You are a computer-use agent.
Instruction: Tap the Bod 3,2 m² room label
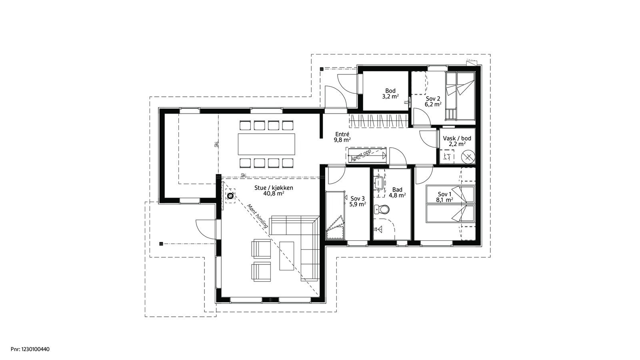(390, 94)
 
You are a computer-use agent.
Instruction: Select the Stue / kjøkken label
(274, 188)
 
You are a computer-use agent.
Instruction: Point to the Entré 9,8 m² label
(342, 137)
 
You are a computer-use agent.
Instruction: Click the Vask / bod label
(457, 138)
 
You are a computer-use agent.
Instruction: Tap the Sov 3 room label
(358, 198)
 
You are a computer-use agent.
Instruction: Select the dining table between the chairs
(266, 144)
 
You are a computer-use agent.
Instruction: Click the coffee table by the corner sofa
(286, 256)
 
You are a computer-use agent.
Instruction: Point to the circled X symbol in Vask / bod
(468, 157)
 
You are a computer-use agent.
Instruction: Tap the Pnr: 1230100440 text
(30, 349)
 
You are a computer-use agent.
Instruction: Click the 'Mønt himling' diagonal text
(257, 216)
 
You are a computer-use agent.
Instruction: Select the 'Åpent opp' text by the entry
(360, 154)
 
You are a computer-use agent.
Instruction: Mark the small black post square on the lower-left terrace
(161, 244)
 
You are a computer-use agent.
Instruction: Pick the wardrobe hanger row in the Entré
(378, 120)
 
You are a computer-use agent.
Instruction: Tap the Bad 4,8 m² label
(398, 192)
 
